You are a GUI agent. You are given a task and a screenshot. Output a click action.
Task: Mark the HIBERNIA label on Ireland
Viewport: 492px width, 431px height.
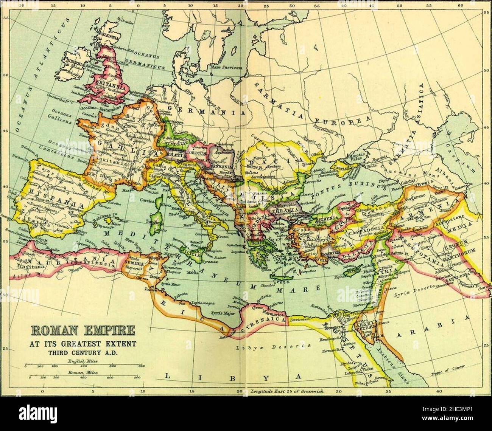[75, 64]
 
